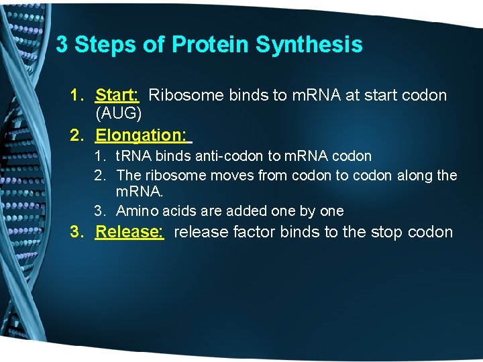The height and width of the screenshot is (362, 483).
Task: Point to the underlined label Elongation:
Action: pyautogui.click(x=142, y=135)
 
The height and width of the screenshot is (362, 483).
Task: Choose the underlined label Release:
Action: pyautogui.click(x=129, y=232)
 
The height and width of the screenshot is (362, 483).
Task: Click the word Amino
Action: pyautogui.click(x=136, y=211)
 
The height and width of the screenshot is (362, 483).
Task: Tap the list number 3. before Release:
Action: pyautogui.click(x=77, y=232)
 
